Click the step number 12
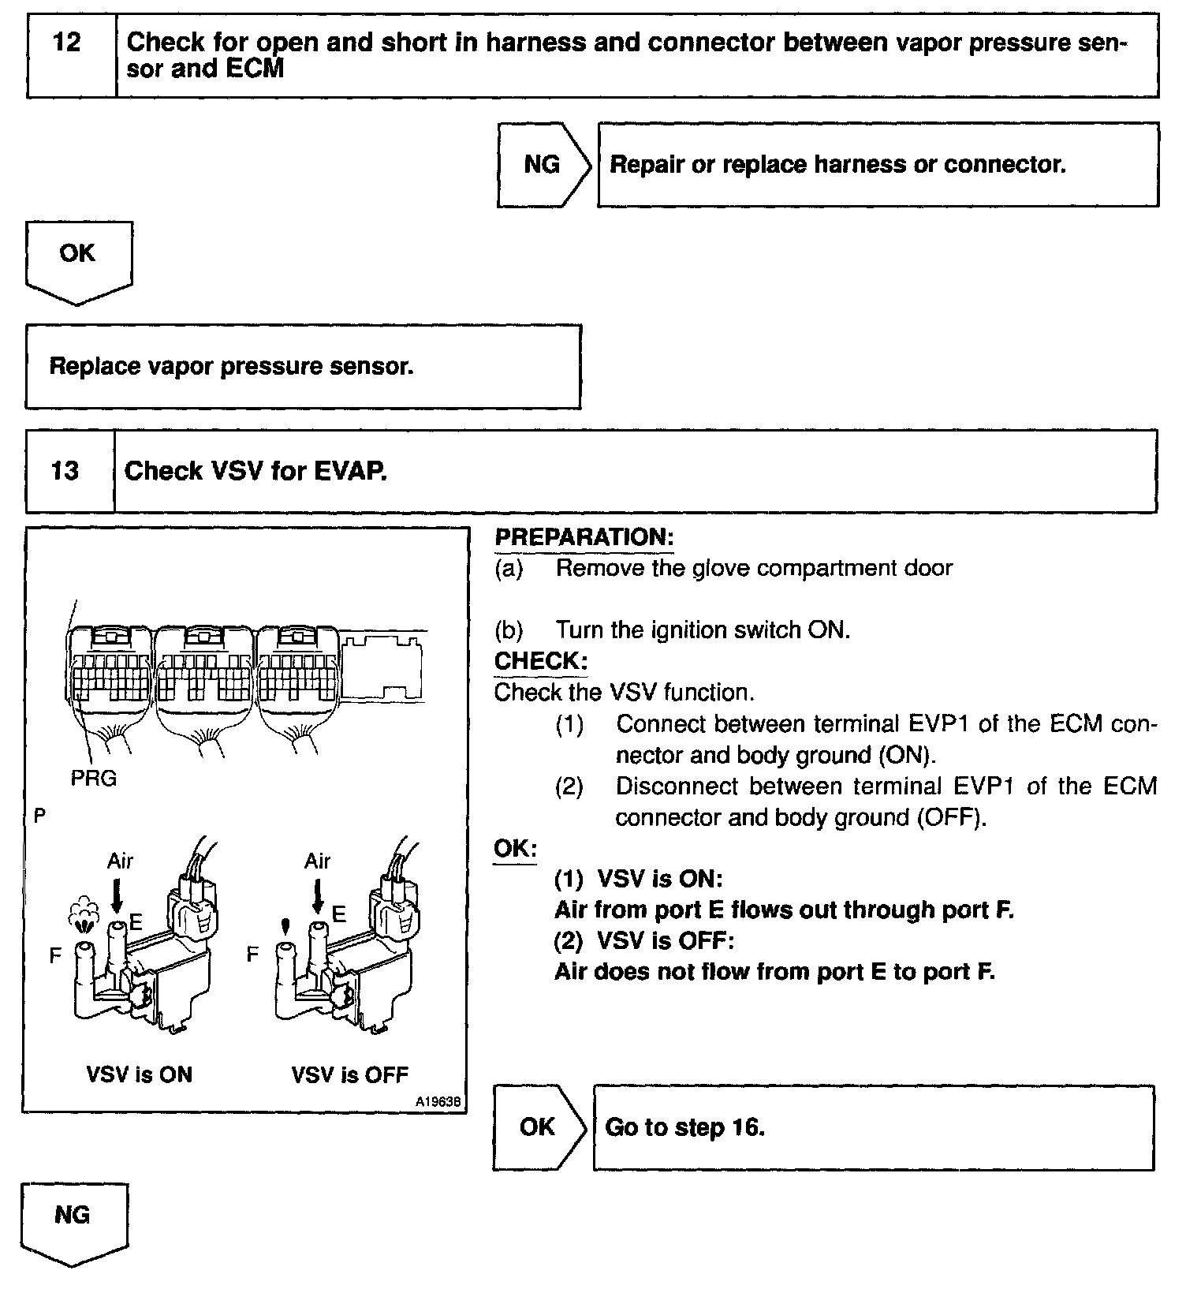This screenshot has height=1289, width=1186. (x=67, y=43)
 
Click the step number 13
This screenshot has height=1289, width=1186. (x=65, y=471)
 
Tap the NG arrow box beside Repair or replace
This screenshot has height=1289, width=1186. (x=542, y=164)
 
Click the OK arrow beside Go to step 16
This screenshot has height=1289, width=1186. (x=537, y=1126)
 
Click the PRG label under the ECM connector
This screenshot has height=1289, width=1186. (x=94, y=779)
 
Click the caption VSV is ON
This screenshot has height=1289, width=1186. (x=139, y=1074)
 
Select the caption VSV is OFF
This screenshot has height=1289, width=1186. (x=350, y=1074)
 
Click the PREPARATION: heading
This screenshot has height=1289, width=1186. (x=584, y=537)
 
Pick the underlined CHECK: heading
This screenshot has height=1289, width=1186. (x=541, y=661)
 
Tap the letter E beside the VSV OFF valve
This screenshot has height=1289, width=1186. (x=339, y=914)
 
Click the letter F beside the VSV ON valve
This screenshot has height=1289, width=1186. (x=55, y=955)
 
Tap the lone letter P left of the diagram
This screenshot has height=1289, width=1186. (x=39, y=816)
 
